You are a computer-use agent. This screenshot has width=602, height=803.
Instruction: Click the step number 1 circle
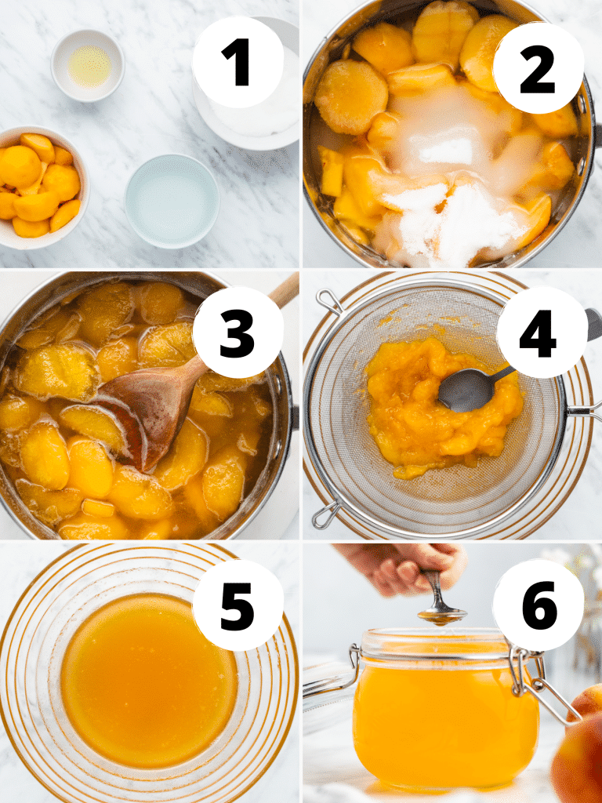tap(238, 61)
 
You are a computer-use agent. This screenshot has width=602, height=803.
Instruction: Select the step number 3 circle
tap(238, 332)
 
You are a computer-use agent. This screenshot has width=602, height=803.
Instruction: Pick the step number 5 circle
tap(238, 605)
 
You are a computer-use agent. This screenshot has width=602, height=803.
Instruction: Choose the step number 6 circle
tap(539, 605)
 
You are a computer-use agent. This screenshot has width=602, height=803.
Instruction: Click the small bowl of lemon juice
tap(88, 65)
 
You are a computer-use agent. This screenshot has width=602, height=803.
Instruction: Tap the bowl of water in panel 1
tap(172, 201)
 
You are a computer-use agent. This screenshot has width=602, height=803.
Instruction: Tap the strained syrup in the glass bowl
tap(149, 678)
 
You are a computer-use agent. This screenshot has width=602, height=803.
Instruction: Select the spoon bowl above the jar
tap(441, 616)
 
